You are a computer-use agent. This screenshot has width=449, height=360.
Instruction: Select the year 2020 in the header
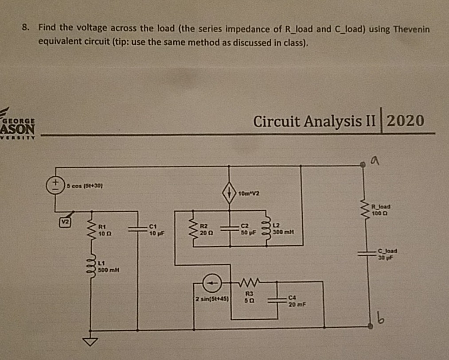tap(406, 120)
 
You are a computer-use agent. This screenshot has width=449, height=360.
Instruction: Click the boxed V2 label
tap(65, 219)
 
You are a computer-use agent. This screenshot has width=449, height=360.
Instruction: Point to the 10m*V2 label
tap(248, 194)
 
